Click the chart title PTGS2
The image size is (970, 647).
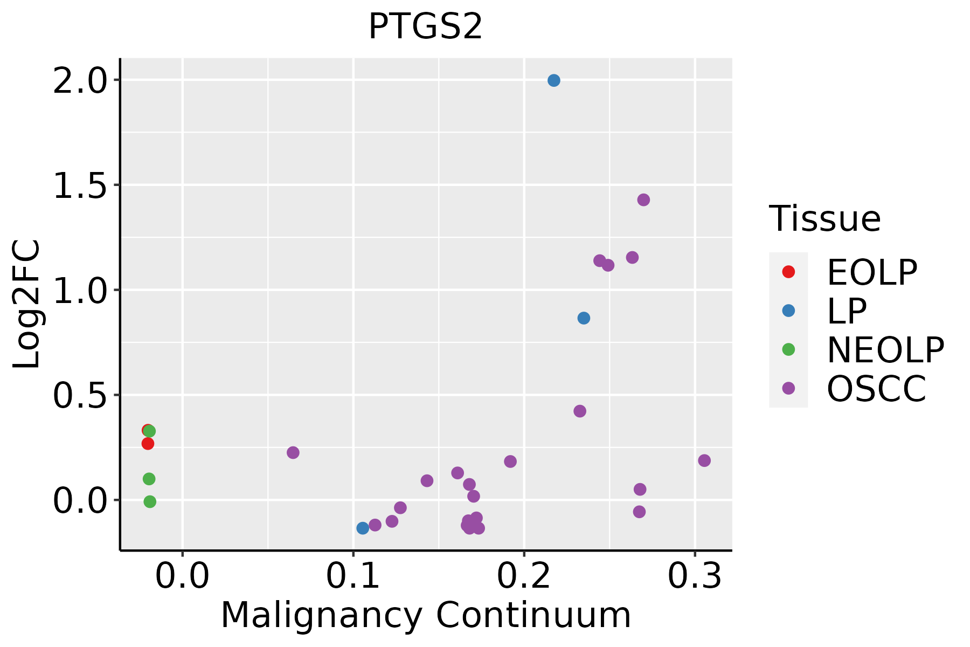click(x=425, y=27)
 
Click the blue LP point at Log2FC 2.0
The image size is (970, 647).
click(x=553, y=80)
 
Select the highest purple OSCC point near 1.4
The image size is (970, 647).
click(x=643, y=200)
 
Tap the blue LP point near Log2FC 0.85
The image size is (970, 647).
click(x=584, y=318)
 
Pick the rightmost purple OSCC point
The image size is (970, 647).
click(x=704, y=460)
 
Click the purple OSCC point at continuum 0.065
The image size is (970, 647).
click(x=293, y=452)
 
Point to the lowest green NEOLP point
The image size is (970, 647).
click(x=150, y=502)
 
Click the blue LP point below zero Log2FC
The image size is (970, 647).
click(x=363, y=528)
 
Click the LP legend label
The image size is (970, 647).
click(x=847, y=311)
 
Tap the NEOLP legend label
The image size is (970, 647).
click(x=885, y=350)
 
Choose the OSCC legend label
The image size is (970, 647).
click(x=876, y=389)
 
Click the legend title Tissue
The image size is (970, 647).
click(x=824, y=219)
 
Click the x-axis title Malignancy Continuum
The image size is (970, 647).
click(x=426, y=616)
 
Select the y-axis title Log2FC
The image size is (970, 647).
click(x=27, y=304)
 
